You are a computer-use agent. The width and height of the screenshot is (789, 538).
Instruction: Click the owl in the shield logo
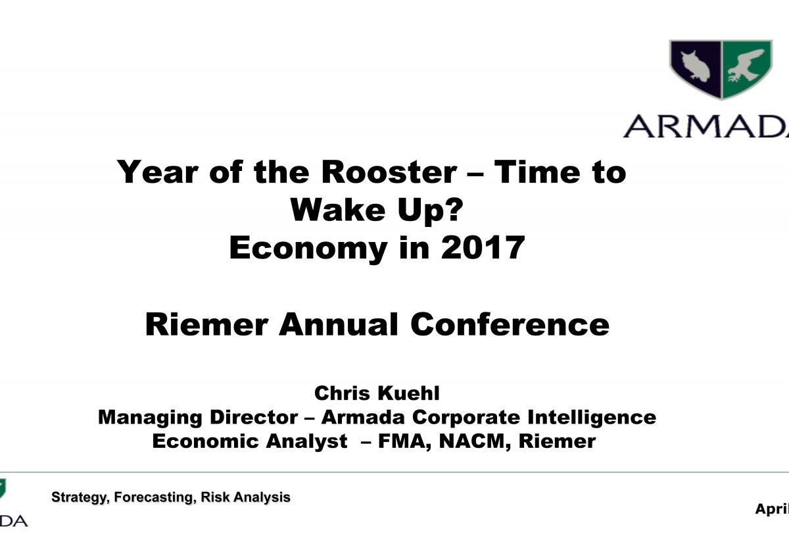[x=695, y=66]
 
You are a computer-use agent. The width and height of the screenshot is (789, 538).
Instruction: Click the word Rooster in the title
[x=389, y=172]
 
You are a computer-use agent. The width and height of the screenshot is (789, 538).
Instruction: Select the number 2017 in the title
[x=483, y=248]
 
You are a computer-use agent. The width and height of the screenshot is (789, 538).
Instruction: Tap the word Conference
[x=510, y=324]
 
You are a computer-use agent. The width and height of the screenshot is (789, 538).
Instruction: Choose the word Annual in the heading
[x=338, y=324]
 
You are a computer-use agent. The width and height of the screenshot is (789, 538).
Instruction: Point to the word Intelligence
[x=592, y=418]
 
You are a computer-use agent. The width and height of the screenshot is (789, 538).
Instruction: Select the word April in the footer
[x=772, y=509]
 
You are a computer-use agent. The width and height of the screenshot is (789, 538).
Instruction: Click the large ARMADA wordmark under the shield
[x=706, y=126]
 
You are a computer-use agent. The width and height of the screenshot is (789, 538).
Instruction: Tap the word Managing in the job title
[x=150, y=418]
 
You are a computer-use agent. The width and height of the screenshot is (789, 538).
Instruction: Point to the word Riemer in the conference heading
[x=206, y=324]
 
